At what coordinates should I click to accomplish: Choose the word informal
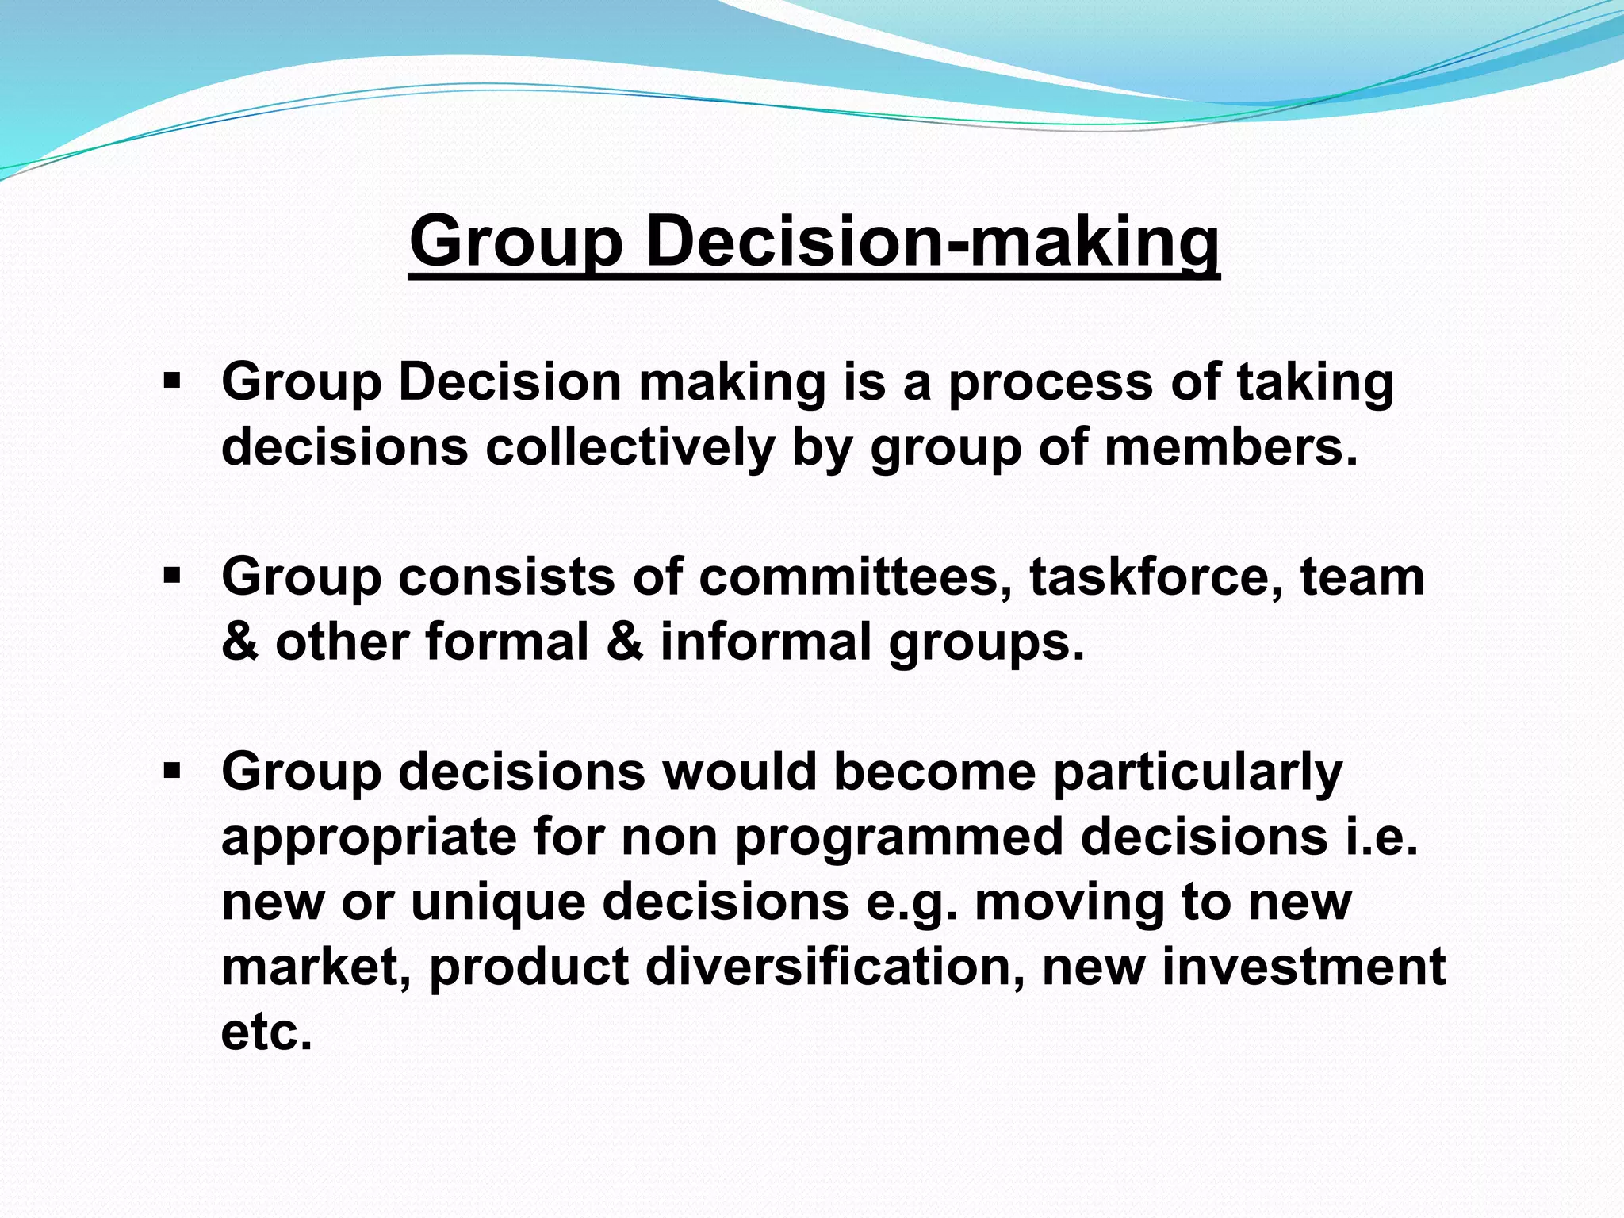tap(766, 642)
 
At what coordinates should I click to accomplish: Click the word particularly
tap(1198, 772)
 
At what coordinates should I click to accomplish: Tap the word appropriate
tap(369, 837)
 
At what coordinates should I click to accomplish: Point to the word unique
tap(498, 902)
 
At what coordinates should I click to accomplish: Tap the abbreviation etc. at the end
tap(266, 1032)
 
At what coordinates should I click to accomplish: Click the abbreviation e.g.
tap(911, 902)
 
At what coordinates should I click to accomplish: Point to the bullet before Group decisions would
tap(171, 770)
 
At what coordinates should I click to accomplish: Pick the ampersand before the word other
tap(239, 642)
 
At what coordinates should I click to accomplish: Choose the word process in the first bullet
tap(1051, 382)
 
